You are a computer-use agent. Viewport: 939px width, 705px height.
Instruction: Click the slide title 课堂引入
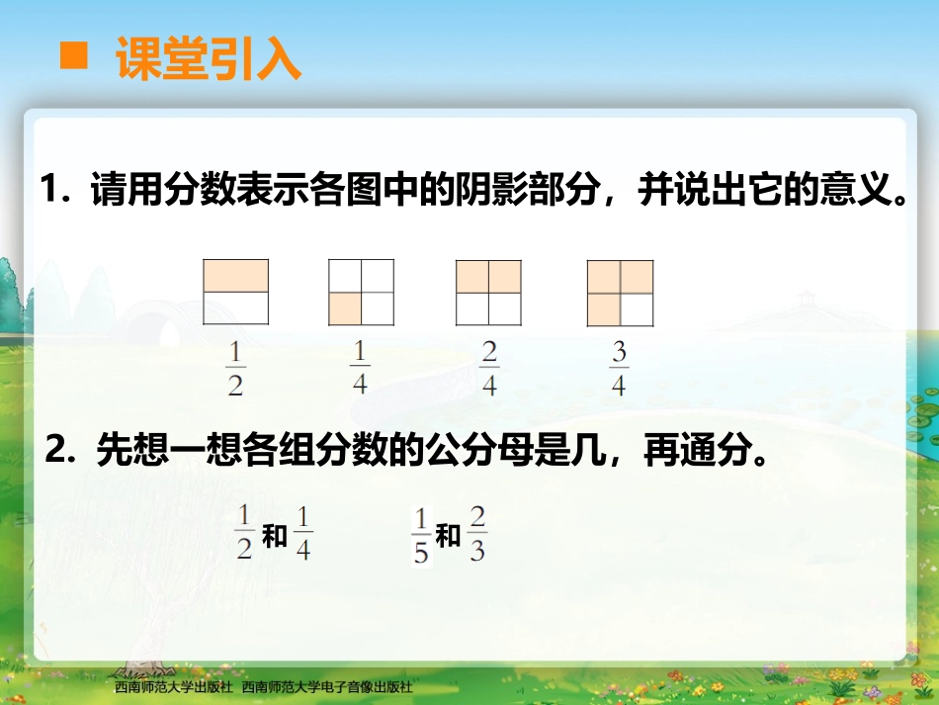[209, 58]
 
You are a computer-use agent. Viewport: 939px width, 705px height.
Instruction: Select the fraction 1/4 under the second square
[360, 367]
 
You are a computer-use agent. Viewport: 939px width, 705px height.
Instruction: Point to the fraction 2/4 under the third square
[489, 368]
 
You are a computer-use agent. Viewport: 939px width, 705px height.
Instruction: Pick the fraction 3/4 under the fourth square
[619, 369]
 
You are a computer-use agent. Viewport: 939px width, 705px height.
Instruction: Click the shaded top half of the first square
[236, 276]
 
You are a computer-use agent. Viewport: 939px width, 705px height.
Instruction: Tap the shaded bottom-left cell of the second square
[345, 309]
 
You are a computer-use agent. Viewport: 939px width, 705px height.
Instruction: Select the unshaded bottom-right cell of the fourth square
[637, 309]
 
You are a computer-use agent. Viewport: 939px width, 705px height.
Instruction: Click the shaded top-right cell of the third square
[504, 277]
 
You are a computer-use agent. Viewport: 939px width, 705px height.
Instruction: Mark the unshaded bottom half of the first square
[236, 308]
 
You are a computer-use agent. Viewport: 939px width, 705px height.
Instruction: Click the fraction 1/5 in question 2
[421, 536]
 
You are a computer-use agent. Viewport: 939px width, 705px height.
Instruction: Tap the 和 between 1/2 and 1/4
[275, 537]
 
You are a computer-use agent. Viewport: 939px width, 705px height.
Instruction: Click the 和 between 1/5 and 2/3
[449, 536]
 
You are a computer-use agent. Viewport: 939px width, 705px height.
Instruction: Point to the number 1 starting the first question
[50, 190]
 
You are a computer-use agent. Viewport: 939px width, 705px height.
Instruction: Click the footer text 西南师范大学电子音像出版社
[327, 686]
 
